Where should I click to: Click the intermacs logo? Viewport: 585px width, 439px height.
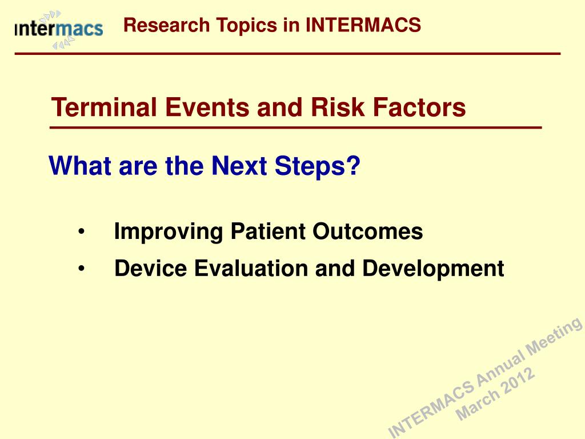point(59,30)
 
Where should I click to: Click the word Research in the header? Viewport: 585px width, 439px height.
point(166,25)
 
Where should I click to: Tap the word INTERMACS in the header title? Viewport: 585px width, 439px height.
point(363,25)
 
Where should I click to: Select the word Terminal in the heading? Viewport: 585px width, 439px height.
point(104,107)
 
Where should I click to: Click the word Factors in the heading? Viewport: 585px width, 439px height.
point(419,107)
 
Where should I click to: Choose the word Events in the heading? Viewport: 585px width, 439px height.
point(207,107)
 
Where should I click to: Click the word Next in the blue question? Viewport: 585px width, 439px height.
point(239,166)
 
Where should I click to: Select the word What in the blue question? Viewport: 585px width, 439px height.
point(80,166)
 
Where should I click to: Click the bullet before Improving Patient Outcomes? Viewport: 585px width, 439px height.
point(82,232)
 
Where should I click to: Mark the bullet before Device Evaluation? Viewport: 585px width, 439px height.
point(82,269)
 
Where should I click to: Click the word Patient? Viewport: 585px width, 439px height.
point(268,231)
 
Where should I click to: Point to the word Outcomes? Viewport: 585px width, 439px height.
point(368,231)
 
